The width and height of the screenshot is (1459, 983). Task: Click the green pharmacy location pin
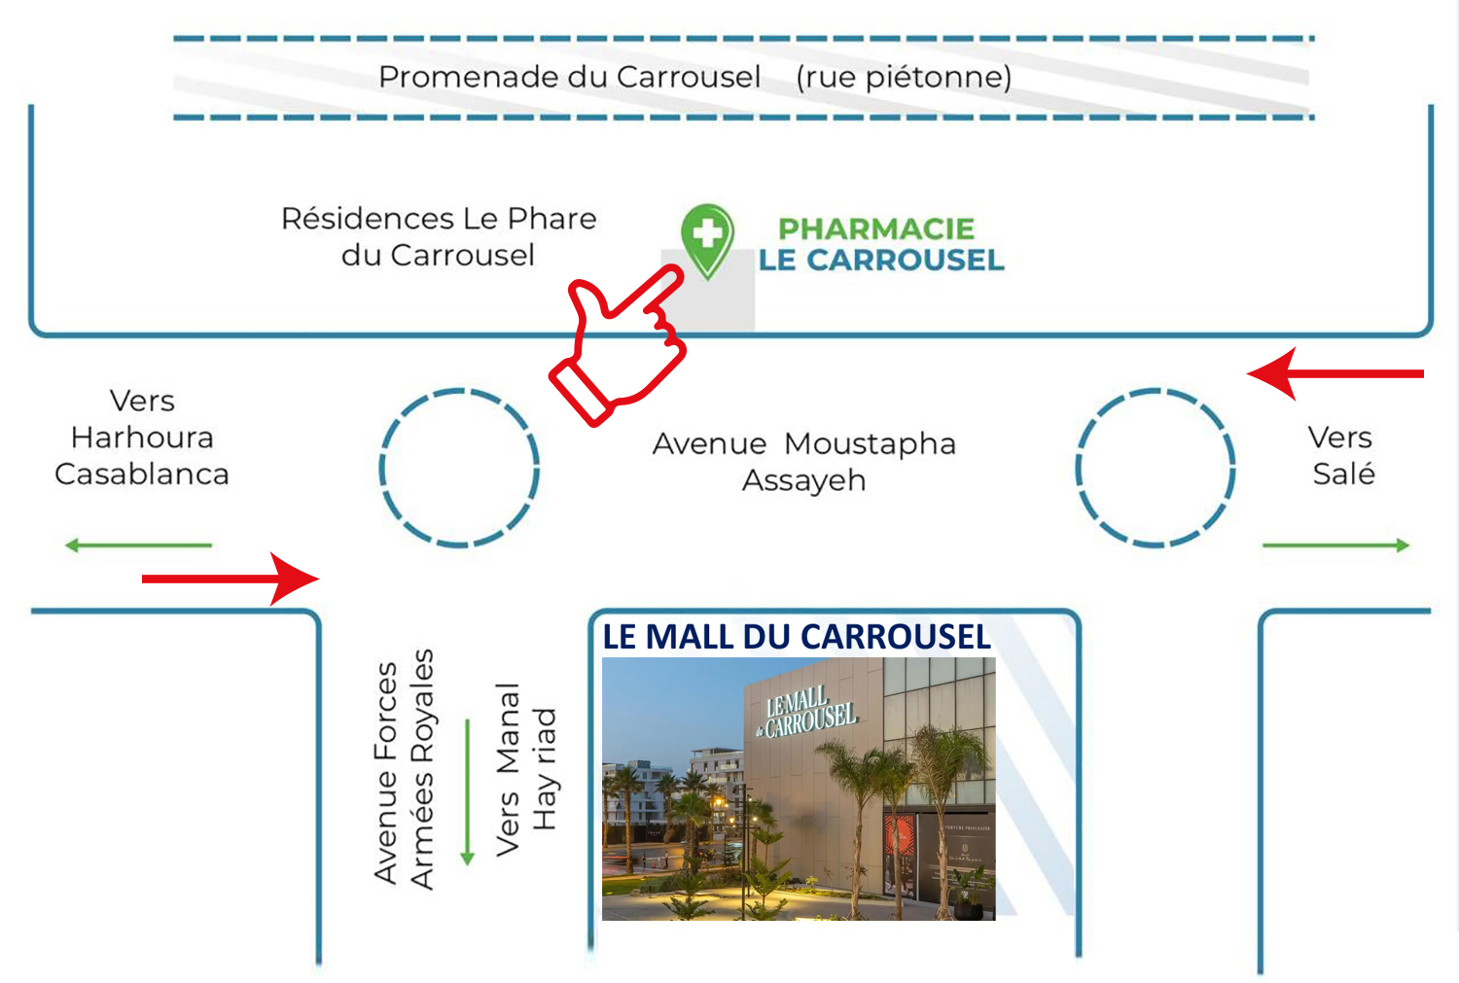click(707, 236)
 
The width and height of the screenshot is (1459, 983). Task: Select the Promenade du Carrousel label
click(569, 77)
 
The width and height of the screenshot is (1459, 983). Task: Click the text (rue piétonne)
click(904, 77)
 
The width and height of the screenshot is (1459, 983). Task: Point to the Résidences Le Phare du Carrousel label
click(439, 236)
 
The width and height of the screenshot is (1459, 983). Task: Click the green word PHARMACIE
click(875, 228)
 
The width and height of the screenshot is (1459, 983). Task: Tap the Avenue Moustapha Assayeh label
click(803, 462)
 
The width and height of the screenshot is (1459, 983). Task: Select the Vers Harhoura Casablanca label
click(142, 438)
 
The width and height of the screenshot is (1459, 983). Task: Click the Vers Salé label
click(1342, 455)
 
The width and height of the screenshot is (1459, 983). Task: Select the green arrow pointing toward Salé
click(1335, 545)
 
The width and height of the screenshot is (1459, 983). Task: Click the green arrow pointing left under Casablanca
click(138, 545)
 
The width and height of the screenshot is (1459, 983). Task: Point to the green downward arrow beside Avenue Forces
click(467, 791)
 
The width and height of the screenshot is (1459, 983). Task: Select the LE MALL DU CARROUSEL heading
click(796, 637)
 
